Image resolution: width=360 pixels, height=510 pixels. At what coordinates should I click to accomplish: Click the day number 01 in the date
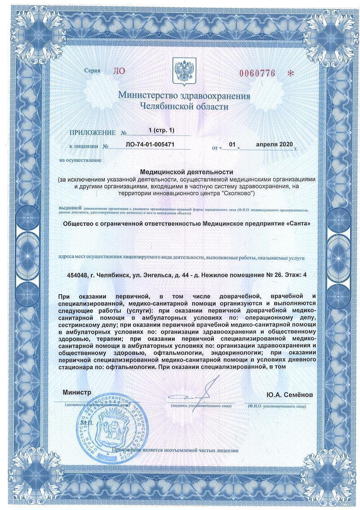pos(232,144)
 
